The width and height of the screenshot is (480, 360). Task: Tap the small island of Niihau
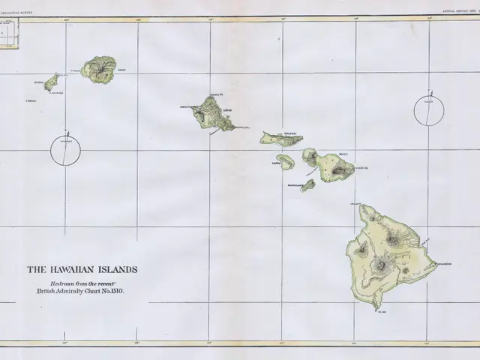point(52,82)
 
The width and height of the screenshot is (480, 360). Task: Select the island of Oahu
point(212,113)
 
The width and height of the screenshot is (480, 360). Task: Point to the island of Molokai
point(281,139)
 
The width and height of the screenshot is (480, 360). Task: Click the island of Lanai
point(286,162)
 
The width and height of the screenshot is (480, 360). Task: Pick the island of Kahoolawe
point(307,185)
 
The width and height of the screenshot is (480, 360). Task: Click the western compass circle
point(65,150)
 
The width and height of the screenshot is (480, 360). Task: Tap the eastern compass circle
point(429,111)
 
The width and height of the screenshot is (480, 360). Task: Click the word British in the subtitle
point(49,289)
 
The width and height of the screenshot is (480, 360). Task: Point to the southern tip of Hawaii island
point(376,308)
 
